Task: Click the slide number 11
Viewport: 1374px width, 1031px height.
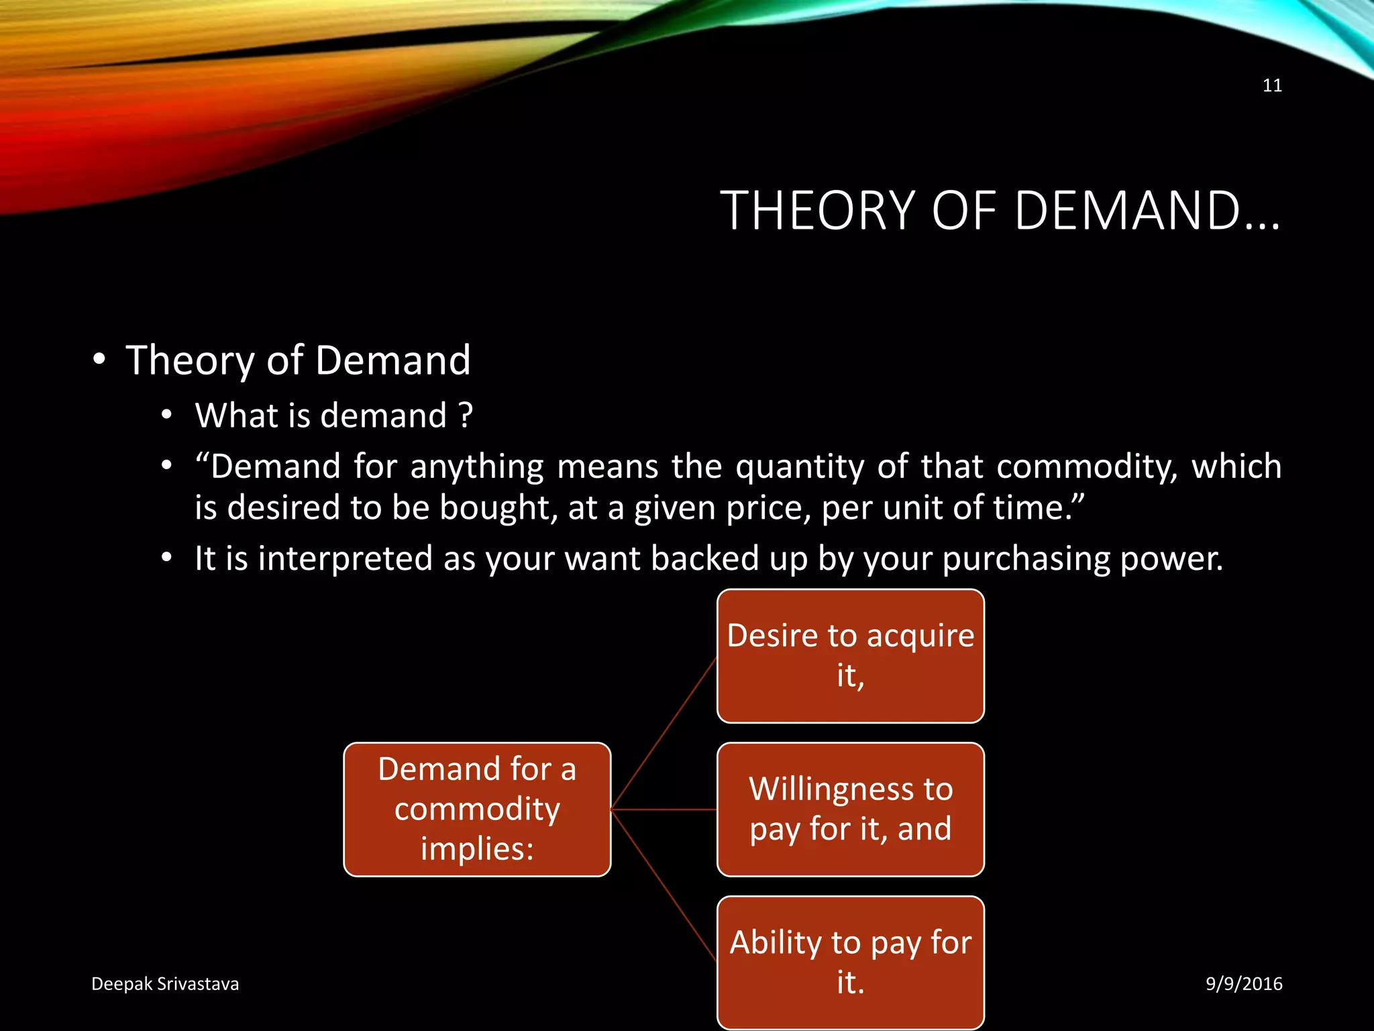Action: tap(1272, 85)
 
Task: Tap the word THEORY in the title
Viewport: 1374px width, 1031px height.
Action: tap(818, 211)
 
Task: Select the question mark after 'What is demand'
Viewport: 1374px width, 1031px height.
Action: tap(466, 415)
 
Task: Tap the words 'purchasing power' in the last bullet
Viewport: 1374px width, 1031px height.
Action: tap(1083, 559)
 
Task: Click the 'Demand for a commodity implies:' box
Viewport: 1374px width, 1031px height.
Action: tap(477, 809)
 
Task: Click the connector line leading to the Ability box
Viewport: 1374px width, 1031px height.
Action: tap(664, 885)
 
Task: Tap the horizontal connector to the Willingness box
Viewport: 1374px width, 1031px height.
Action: tap(664, 810)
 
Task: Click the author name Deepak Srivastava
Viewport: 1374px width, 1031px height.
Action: tap(165, 984)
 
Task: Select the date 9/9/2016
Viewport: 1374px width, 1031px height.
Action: tap(1244, 984)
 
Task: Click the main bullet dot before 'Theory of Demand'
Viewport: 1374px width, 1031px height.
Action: tap(99, 359)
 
